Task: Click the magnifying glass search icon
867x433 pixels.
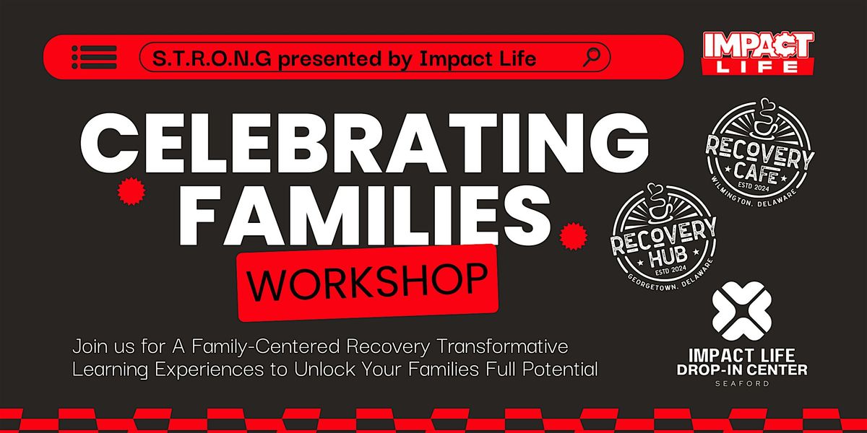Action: pos(592,56)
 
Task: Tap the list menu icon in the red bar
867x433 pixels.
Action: pos(94,57)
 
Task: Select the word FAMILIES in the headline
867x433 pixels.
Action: pos(340,209)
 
